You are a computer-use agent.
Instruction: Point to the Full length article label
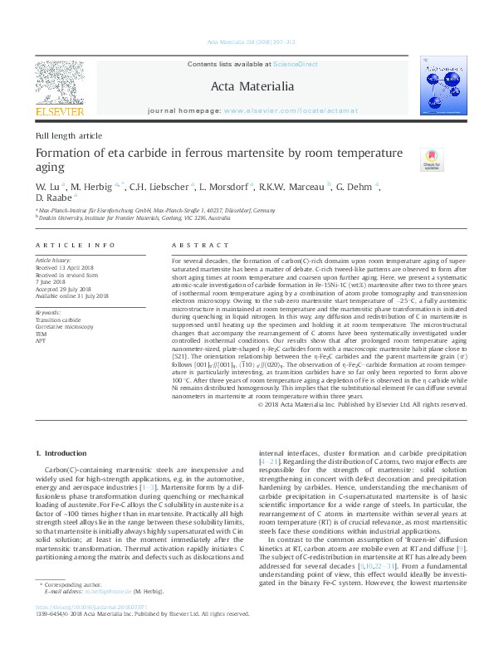[69, 135]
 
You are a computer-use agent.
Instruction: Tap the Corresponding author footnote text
[78, 610]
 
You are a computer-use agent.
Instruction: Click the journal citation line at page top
[247, 42]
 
